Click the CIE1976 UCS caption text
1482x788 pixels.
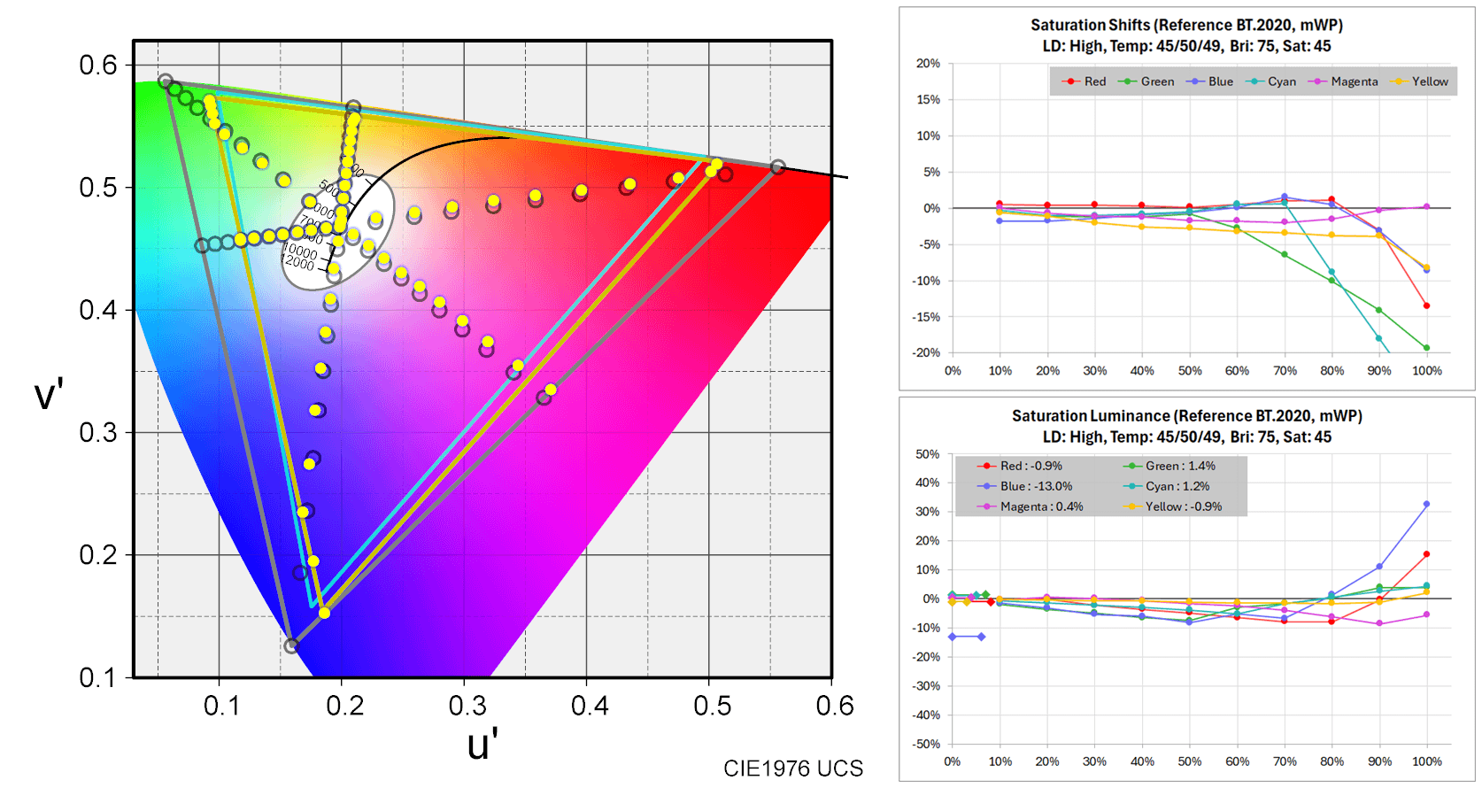coord(792,769)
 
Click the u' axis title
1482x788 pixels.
coord(482,745)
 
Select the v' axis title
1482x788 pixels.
coord(49,394)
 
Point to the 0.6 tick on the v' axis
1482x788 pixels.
coord(97,65)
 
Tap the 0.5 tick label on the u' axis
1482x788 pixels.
coord(712,706)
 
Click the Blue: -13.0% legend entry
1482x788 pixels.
coord(1036,486)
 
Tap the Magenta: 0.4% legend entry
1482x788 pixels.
coord(1041,506)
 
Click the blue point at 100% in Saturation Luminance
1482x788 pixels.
coord(1426,505)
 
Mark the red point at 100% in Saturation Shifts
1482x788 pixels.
coord(1426,305)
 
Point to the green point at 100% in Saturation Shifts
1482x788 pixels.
coord(1426,348)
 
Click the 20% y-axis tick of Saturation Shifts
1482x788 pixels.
coord(928,64)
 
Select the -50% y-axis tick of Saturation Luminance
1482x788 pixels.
coord(926,745)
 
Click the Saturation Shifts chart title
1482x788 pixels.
coord(1186,25)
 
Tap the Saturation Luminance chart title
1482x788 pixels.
coord(1186,415)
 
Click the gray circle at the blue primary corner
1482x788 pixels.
coord(290,646)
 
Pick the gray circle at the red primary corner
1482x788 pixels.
coord(777,167)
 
